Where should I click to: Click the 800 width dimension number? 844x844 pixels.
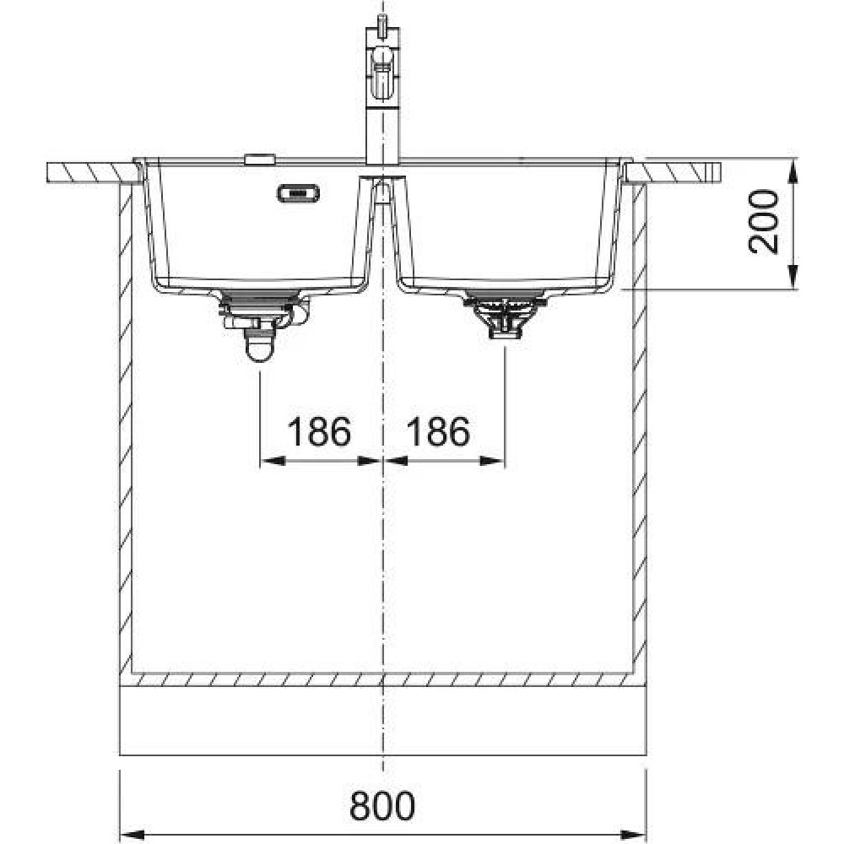(382, 806)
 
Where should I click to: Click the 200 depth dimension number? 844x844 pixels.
(764, 221)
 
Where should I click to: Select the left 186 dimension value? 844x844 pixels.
(319, 431)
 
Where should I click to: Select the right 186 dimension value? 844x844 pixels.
(438, 431)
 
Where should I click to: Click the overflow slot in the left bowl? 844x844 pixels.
(298, 193)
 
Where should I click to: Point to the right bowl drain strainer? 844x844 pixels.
(505, 314)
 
